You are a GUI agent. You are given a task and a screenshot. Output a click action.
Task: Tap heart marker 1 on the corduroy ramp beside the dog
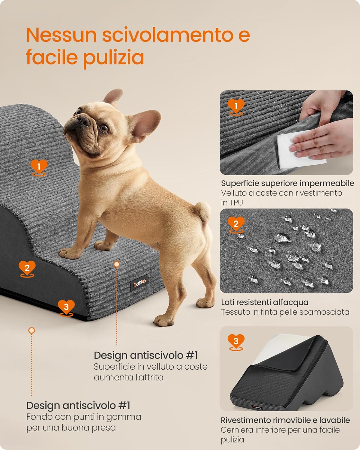(39, 166)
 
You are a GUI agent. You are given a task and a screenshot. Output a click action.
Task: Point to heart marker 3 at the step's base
(66, 307)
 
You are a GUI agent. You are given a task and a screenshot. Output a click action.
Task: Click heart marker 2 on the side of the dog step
(27, 268)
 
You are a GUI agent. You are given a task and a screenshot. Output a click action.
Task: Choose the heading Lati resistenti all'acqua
(265, 302)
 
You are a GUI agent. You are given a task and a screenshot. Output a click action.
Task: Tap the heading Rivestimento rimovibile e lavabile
(285, 420)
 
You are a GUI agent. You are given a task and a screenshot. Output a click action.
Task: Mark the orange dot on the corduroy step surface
(117, 264)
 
